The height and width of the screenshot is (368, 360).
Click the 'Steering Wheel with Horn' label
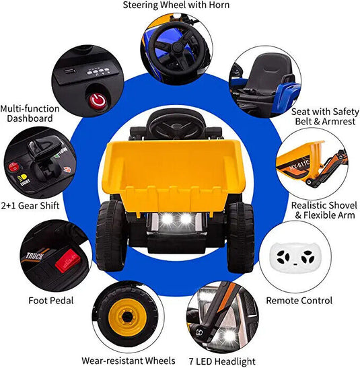tap(176, 5)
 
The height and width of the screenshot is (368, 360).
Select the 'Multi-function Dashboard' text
tap(30, 113)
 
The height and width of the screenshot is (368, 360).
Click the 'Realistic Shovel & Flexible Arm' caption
tap(324, 211)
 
